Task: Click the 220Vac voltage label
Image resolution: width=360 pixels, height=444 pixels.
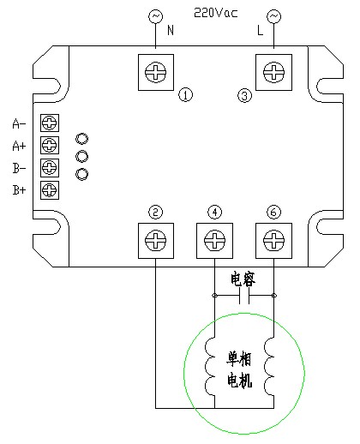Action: pyautogui.click(x=216, y=13)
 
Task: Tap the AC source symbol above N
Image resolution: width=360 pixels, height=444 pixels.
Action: pyautogui.click(x=156, y=16)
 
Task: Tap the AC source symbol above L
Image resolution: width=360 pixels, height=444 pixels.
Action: pyautogui.click(x=273, y=16)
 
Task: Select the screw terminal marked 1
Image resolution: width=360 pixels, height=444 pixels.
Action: pyautogui.click(x=156, y=72)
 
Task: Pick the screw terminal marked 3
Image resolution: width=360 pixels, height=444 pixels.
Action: pyautogui.click(x=273, y=72)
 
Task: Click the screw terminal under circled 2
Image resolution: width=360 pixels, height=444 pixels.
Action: pyautogui.click(x=156, y=241)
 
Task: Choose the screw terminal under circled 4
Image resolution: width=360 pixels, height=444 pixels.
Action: pyautogui.click(x=214, y=241)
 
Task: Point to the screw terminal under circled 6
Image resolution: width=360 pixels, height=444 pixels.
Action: pyautogui.click(x=273, y=241)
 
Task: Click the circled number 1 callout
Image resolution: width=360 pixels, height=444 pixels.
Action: pyautogui.click(x=186, y=95)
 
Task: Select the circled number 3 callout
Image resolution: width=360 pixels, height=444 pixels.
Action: pyautogui.click(x=245, y=95)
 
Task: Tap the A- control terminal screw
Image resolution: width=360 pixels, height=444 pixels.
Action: pyautogui.click(x=50, y=123)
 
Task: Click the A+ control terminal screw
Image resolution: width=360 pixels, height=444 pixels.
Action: pyautogui.click(x=50, y=145)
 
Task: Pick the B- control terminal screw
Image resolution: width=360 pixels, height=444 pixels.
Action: pyautogui.click(x=50, y=168)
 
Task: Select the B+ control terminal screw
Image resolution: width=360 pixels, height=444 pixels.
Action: pyautogui.click(x=50, y=190)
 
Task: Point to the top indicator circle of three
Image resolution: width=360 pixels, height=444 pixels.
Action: pyautogui.click(x=82, y=139)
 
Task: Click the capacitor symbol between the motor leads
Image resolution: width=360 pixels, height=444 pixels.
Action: pyautogui.click(x=244, y=296)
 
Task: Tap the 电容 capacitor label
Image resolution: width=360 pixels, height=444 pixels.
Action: pyautogui.click(x=243, y=279)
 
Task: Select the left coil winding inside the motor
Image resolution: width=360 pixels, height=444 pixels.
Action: pyautogui.click(x=210, y=367)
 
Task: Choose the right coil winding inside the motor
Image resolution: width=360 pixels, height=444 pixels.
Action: pyautogui.click(x=269, y=367)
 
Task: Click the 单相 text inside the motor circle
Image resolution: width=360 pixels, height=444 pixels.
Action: pyautogui.click(x=239, y=358)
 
